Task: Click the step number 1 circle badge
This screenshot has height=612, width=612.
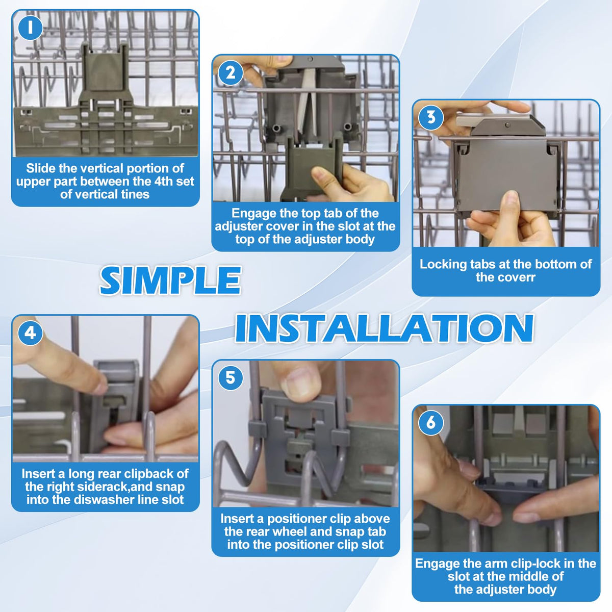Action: pyautogui.click(x=30, y=28)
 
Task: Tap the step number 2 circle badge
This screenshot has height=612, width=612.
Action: pyautogui.click(x=231, y=73)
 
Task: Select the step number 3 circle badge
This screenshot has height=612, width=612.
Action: pyautogui.click(x=431, y=117)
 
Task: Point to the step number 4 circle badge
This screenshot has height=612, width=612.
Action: pyautogui.click(x=30, y=333)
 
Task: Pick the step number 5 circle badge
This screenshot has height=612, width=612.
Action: pyautogui.click(x=231, y=378)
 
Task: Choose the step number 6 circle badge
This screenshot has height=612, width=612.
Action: pyautogui.click(x=431, y=423)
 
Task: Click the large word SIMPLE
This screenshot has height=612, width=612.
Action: pyautogui.click(x=170, y=280)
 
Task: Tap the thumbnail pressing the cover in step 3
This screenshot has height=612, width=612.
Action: pyautogui.click(x=512, y=199)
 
